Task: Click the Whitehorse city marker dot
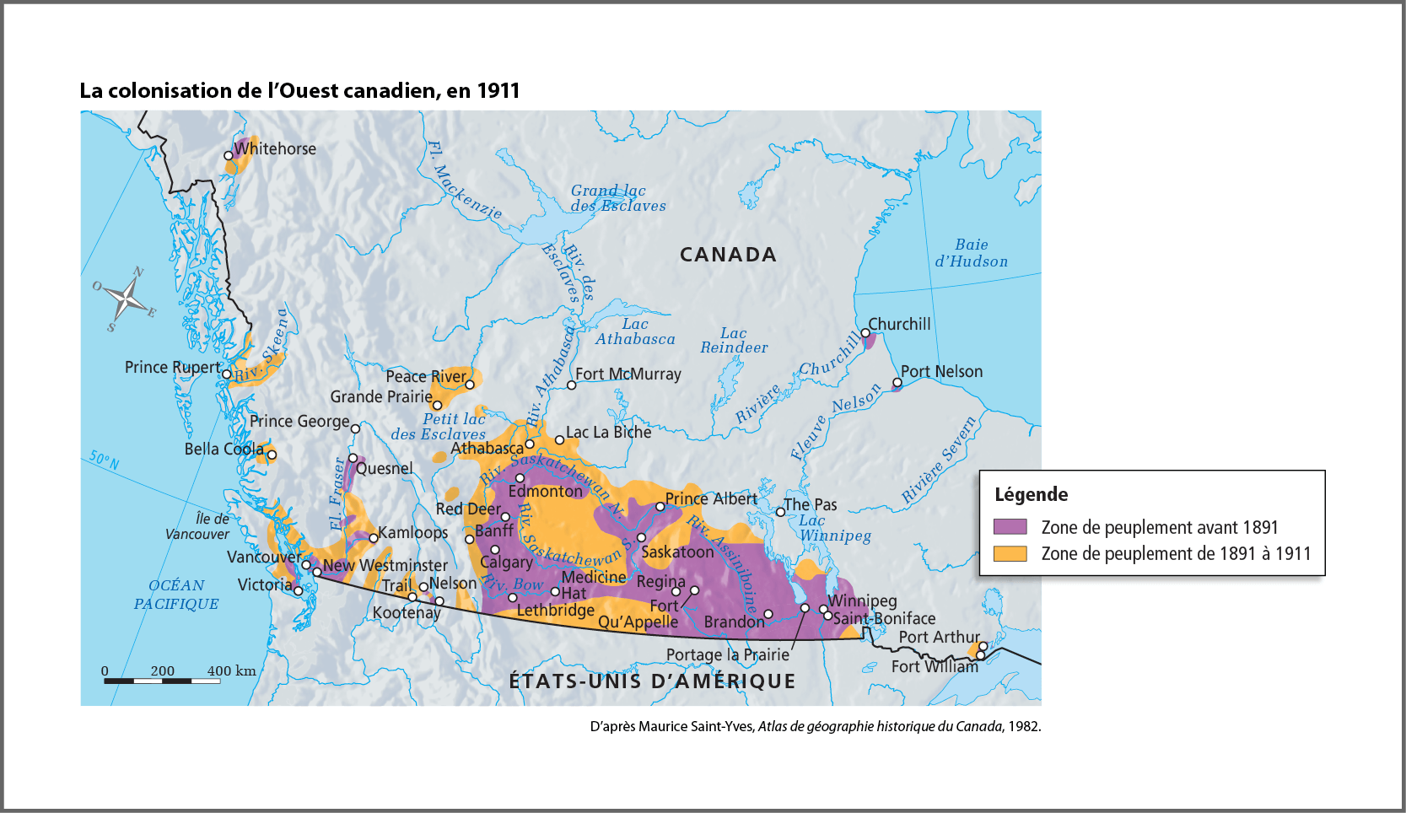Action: pos(229,156)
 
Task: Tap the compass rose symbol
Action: pos(126,298)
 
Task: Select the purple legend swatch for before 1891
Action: pos(1010,527)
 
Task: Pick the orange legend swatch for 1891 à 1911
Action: pos(1010,553)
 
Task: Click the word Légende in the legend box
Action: pos(1031,495)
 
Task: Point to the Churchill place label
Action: pos(899,325)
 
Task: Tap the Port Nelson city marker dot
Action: pos(897,384)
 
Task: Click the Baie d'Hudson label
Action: pos(971,253)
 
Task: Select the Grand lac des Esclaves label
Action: pos(617,198)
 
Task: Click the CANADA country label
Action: pos(728,255)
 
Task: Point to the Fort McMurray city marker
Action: pos(571,385)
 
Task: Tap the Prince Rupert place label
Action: pos(173,367)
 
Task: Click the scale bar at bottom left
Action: pos(162,680)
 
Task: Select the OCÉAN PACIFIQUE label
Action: pos(176,595)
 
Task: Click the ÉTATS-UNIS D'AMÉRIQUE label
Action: pos(652,681)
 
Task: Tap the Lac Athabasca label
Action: pos(635,331)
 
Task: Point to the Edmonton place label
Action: pos(545,491)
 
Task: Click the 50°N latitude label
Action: pos(105,460)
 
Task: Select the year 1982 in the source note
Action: pos(1025,726)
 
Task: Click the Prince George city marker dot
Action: pos(355,428)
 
